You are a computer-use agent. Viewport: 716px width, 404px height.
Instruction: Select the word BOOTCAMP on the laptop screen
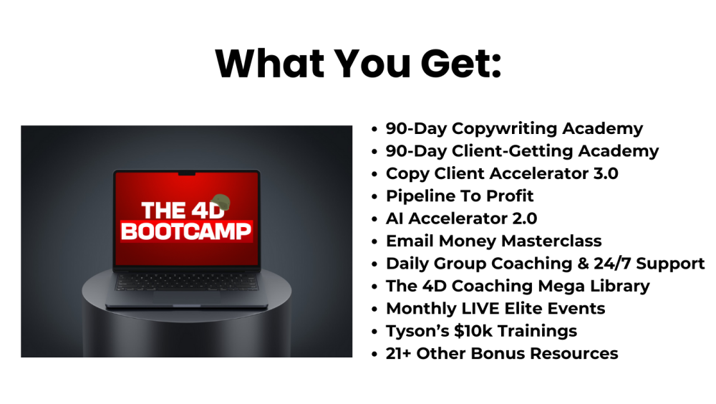point(186,232)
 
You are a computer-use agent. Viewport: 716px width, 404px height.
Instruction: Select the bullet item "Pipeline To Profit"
point(460,196)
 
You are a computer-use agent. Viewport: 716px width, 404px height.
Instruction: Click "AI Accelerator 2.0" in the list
point(461,218)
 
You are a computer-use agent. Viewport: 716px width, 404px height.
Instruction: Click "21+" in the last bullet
point(399,353)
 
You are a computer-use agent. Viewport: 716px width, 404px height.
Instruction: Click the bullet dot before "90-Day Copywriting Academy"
point(374,130)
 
